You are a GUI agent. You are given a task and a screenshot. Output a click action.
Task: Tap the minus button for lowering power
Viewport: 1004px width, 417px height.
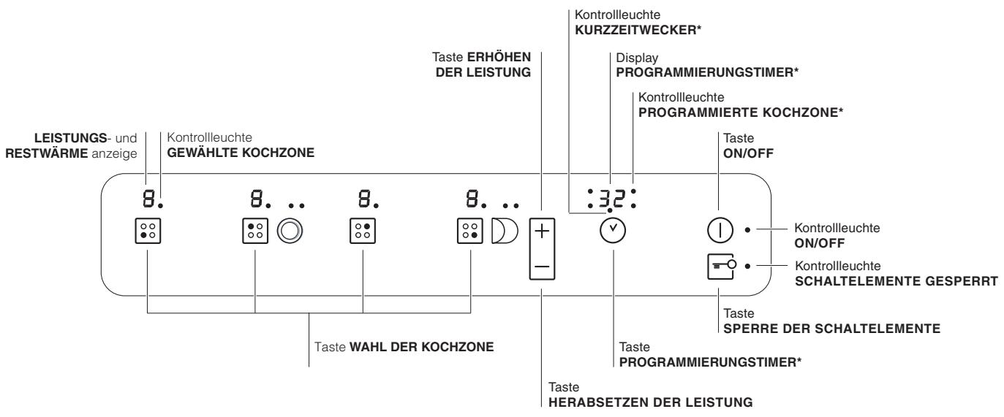[x=542, y=266]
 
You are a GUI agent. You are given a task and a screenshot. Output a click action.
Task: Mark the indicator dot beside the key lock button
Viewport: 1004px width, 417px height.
[x=747, y=267]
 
